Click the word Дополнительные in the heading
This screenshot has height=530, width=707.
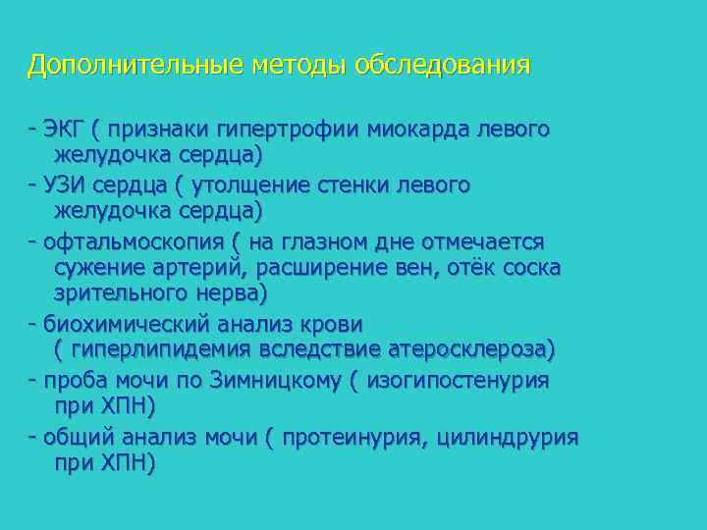[x=136, y=66]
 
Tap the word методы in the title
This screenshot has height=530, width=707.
[x=299, y=66]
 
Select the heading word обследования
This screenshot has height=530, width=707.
[x=443, y=66]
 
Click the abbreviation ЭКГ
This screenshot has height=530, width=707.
[x=66, y=129]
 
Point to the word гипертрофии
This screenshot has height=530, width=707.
[x=296, y=129]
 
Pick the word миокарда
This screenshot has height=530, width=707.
[x=417, y=129]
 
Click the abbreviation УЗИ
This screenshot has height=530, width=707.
[x=66, y=185]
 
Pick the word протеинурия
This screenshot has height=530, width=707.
[x=354, y=437]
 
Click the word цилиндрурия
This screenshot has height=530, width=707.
[x=510, y=437]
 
